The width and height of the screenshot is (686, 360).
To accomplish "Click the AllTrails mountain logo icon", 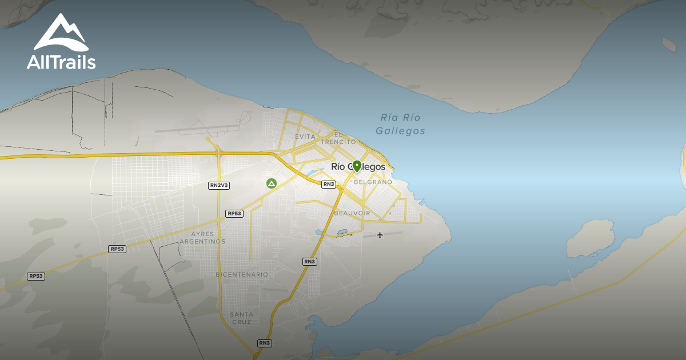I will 61,33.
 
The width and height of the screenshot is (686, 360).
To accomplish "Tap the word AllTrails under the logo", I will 61,62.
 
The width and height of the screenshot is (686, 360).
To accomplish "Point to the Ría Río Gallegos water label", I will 401,124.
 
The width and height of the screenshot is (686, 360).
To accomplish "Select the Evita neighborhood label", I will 305,137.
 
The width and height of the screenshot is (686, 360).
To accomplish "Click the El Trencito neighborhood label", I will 338,138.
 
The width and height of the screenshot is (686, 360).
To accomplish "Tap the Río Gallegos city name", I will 362,167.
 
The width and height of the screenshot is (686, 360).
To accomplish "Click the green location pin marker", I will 357,166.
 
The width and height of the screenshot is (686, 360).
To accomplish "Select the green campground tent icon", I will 272,183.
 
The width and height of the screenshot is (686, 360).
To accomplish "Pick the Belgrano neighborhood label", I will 373,182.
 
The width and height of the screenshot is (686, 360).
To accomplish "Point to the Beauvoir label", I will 352,213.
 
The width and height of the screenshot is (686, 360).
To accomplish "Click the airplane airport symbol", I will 380,235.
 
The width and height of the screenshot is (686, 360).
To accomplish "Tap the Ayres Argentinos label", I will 202,238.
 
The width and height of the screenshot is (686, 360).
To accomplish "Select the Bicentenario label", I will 242,274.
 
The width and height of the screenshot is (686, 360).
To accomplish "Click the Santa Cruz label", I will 242,318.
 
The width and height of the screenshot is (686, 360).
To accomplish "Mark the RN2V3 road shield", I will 219,185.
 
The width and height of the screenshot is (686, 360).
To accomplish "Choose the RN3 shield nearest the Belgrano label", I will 328,184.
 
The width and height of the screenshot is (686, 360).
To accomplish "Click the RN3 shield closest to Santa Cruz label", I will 264,343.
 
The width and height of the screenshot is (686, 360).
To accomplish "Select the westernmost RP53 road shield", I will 35,277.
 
